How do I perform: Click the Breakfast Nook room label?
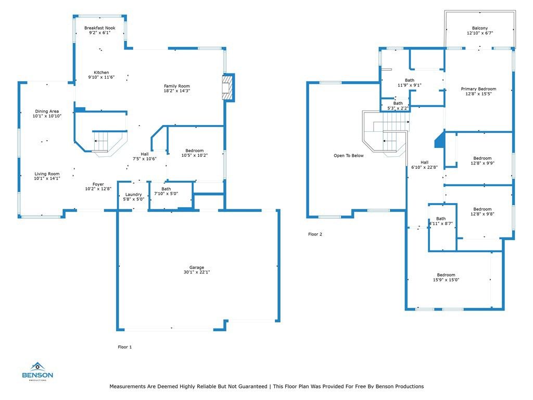click(99, 28)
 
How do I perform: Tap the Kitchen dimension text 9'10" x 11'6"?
click(101, 77)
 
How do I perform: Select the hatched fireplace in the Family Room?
click(227, 87)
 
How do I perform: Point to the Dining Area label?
click(47, 111)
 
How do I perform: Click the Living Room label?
click(47, 174)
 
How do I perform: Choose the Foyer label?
click(98, 184)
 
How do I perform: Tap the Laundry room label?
click(134, 195)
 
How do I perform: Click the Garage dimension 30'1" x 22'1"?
click(197, 272)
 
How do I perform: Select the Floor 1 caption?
click(125, 347)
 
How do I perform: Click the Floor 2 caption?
click(315, 234)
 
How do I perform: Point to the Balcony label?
click(480, 28)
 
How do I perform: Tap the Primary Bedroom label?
click(479, 89)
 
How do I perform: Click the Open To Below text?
click(349, 155)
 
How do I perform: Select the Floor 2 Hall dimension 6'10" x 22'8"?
click(425, 167)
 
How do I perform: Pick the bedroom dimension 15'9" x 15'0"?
click(446, 280)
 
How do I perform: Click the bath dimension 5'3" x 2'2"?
click(398, 108)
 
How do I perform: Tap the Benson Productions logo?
click(37, 371)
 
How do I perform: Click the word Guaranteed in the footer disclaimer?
click(253, 386)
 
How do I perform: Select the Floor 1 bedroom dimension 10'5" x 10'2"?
click(195, 155)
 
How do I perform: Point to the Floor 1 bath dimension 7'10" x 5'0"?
click(166, 194)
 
